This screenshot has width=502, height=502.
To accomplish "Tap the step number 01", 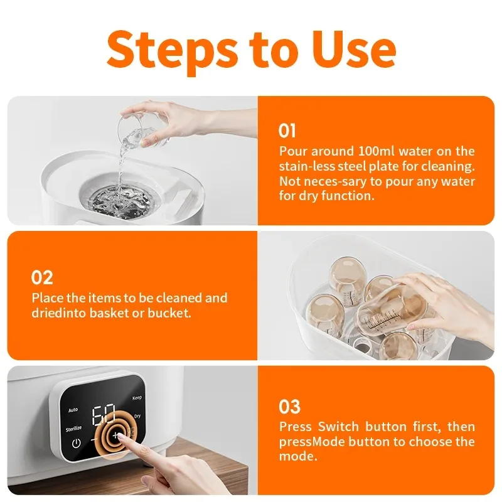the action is point(287,131).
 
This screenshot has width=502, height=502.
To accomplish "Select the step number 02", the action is point(41,277).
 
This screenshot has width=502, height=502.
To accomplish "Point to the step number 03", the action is point(289,407).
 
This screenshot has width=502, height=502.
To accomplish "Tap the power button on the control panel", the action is point(76,444).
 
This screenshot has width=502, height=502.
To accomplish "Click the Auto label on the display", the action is point(73,410).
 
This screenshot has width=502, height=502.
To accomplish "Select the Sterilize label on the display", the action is point(73,429).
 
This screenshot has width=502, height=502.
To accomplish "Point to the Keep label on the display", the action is point(137,398).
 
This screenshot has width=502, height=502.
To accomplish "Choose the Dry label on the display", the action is point(137,416).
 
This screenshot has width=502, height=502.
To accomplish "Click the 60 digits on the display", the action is point(104,415).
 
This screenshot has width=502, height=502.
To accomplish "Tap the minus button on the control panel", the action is point(94,440).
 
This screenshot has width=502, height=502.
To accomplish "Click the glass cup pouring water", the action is point(141,132).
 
